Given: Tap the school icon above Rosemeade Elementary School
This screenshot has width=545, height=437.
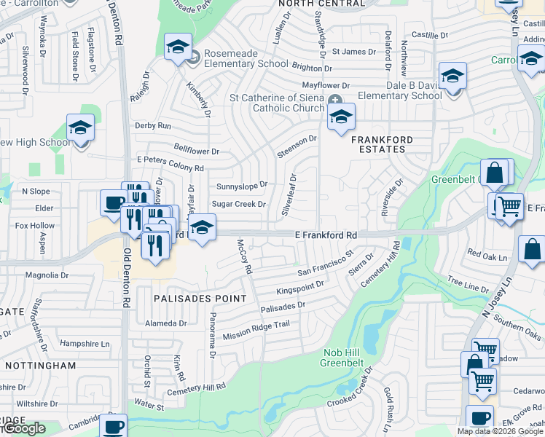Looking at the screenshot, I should pos(176,49).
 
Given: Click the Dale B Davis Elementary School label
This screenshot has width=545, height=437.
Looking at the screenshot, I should pos(394,90).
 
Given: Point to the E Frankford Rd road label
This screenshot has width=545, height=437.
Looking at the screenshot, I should pos(326,236).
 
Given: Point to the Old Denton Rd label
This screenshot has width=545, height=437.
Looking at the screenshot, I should pos(127,277).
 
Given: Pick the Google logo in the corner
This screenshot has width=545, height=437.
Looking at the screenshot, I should pos(23,428).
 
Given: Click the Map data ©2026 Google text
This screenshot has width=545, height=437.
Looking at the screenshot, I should pos(500,431).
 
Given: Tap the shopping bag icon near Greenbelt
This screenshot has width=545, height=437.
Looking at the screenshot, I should pos(495,173).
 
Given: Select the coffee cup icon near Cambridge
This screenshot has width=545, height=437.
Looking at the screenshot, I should pos(114,426).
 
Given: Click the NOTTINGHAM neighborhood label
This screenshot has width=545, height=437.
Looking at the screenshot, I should pos(41,365).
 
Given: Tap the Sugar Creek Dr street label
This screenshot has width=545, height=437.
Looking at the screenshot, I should pos(238,205).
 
